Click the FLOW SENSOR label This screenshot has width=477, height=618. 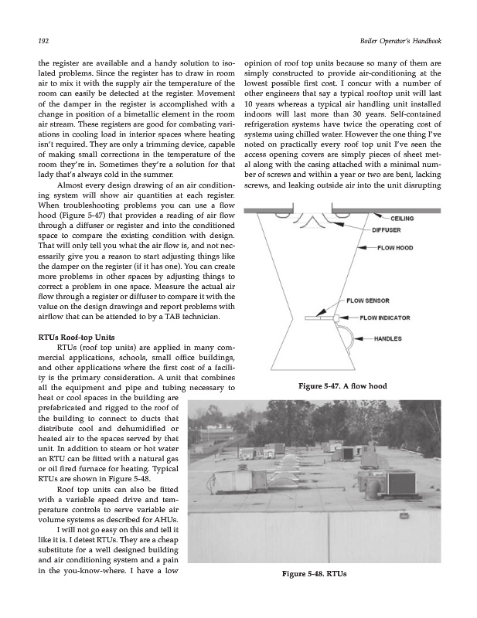(368, 300)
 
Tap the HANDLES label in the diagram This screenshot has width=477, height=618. (390, 338)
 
